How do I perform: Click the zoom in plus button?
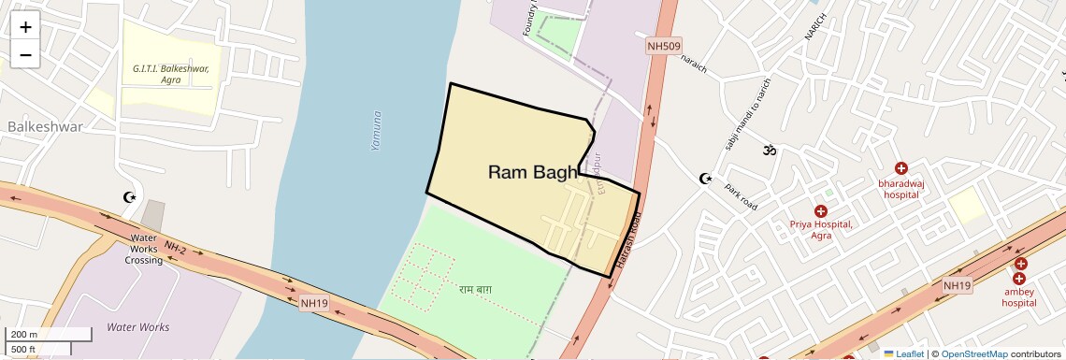point(25,26)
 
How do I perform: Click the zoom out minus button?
point(25,55)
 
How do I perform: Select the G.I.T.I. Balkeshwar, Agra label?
point(170,74)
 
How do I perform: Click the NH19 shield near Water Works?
point(314,303)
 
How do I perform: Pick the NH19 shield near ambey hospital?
point(957,285)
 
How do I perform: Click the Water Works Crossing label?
point(144,249)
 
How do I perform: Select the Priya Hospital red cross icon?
point(821,211)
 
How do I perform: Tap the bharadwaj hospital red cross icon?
point(900,168)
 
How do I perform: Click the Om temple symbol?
point(771,150)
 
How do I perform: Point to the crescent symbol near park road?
point(706,179)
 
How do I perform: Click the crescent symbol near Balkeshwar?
point(130,197)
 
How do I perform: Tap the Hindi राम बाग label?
point(475,289)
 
